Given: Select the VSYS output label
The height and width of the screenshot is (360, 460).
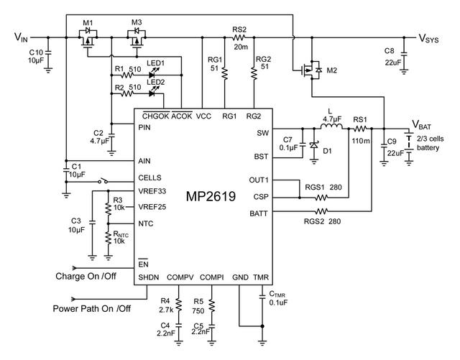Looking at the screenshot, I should (x=433, y=38).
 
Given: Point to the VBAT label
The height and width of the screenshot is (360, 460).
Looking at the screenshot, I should (x=423, y=124).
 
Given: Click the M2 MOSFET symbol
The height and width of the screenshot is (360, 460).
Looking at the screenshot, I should (x=313, y=70).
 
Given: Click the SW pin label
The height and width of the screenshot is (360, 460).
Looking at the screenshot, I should (x=262, y=133).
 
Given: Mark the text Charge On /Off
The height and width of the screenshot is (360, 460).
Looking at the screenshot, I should (x=86, y=275).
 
